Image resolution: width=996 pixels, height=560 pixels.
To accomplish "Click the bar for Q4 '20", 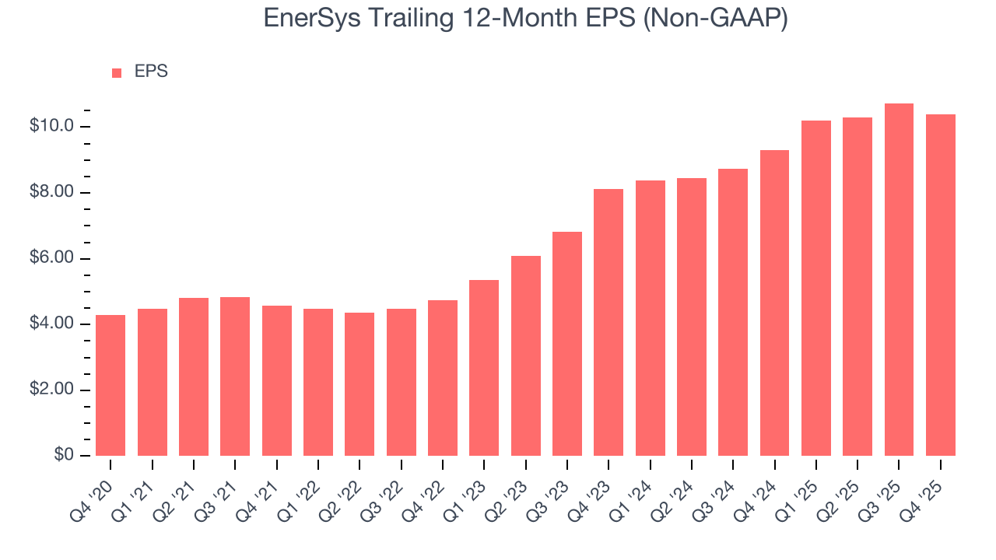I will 110,385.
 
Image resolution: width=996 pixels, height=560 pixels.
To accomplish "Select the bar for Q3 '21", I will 235,376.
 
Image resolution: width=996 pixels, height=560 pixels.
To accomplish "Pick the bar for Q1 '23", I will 484,368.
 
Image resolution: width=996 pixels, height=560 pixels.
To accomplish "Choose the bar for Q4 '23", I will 608,322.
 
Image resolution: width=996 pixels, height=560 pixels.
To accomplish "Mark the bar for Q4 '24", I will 774,303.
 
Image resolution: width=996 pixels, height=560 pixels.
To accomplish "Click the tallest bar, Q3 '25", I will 899,279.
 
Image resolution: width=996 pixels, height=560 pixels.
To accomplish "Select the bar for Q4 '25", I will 940,285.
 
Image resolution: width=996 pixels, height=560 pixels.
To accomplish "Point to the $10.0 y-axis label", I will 51,126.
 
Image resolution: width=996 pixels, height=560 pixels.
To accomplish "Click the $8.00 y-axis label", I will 51,192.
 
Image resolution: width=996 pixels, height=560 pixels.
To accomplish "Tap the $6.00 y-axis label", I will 51,258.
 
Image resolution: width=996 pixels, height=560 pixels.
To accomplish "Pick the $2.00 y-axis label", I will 51,390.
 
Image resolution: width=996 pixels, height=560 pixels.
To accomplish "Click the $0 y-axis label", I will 63,455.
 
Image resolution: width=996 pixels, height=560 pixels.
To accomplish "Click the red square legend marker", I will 117,73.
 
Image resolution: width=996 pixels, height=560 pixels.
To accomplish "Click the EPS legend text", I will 151,72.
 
